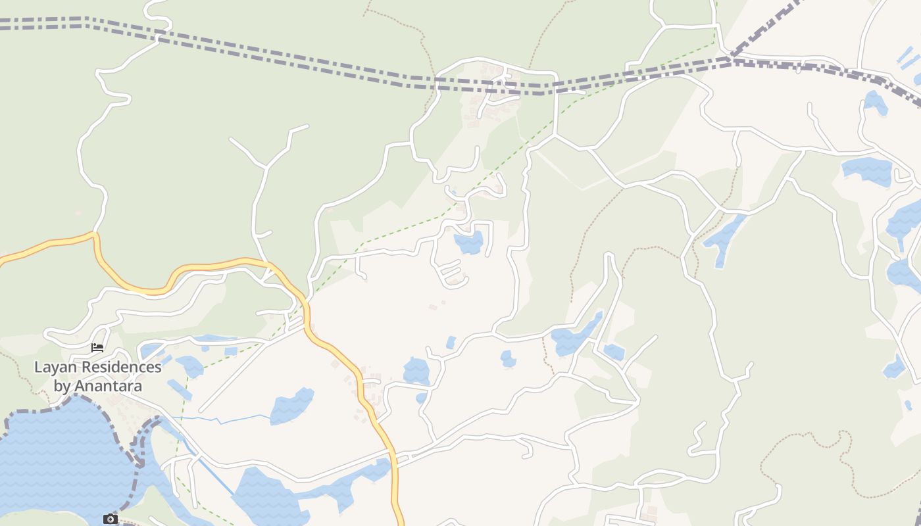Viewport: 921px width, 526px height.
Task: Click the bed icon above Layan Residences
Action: click(x=97, y=347)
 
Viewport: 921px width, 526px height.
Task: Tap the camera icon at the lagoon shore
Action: click(x=110, y=519)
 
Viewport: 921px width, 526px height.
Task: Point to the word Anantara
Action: click(x=107, y=385)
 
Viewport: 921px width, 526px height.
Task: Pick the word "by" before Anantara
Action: click(x=62, y=385)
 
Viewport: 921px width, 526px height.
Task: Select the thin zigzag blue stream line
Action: click(x=224, y=419)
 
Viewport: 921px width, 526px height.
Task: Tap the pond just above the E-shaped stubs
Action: click(x=469, y=241)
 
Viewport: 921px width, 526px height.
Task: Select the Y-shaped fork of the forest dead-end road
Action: click(x=266, y=166)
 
